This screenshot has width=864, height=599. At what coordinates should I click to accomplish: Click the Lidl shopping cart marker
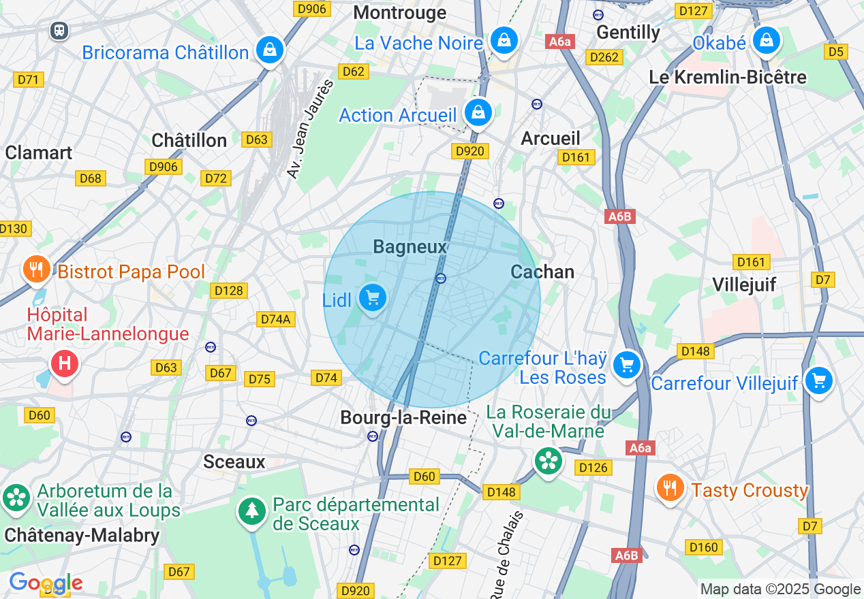pyautogui.click(x=372, y=298)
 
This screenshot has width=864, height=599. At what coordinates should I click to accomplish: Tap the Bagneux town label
pyautogui.click(x=410, y=247)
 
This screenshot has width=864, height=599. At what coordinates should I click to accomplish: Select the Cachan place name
pyautogui.click(x=542, y=272)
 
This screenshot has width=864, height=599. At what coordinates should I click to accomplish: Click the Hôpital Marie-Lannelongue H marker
pyautogui.click(x=65, y=363)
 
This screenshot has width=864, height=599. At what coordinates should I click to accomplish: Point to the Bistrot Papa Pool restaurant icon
pyautogui.click(x=36, y=270)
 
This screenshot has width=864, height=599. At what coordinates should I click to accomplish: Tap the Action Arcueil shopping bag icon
pyautogui.click(x=478, y=112)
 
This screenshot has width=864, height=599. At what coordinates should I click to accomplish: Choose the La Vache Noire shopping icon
pyautogui.click(x=504, y=40)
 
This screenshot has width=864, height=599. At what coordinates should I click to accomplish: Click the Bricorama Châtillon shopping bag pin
pyautogui.click(x=270, y=50)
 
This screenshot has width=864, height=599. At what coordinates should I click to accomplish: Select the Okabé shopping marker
pyautogui.click(x=767, y=40)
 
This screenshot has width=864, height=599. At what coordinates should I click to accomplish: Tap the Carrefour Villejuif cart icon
pyautogui.click(x=818, y=380)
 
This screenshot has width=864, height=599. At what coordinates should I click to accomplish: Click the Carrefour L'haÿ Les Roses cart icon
pyautogui.click(x=626, y=366)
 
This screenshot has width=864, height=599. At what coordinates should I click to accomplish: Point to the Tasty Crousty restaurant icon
pyautogui.click(x=670, y=487)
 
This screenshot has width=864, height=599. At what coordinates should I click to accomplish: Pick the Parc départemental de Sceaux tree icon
pyautogui.click(x=252, y=511)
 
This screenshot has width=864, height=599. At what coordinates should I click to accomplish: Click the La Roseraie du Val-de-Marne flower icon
pyautogui.click(x=548, y=461)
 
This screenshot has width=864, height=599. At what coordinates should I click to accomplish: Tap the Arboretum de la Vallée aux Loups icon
pyautogui.click(x=16, y=498)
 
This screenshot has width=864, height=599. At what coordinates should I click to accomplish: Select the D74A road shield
pyautogui.click(x=275, y=319)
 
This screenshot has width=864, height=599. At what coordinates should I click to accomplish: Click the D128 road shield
pyautogui.click(x=228, y=291)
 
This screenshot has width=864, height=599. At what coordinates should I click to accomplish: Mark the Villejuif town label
pyautogui.click(x=744, y=284)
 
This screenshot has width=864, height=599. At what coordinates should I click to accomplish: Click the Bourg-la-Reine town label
pyautogui.click(x=403, y=417)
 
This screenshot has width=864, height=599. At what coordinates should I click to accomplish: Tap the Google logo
pyautogui.click(x=45, y=583)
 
